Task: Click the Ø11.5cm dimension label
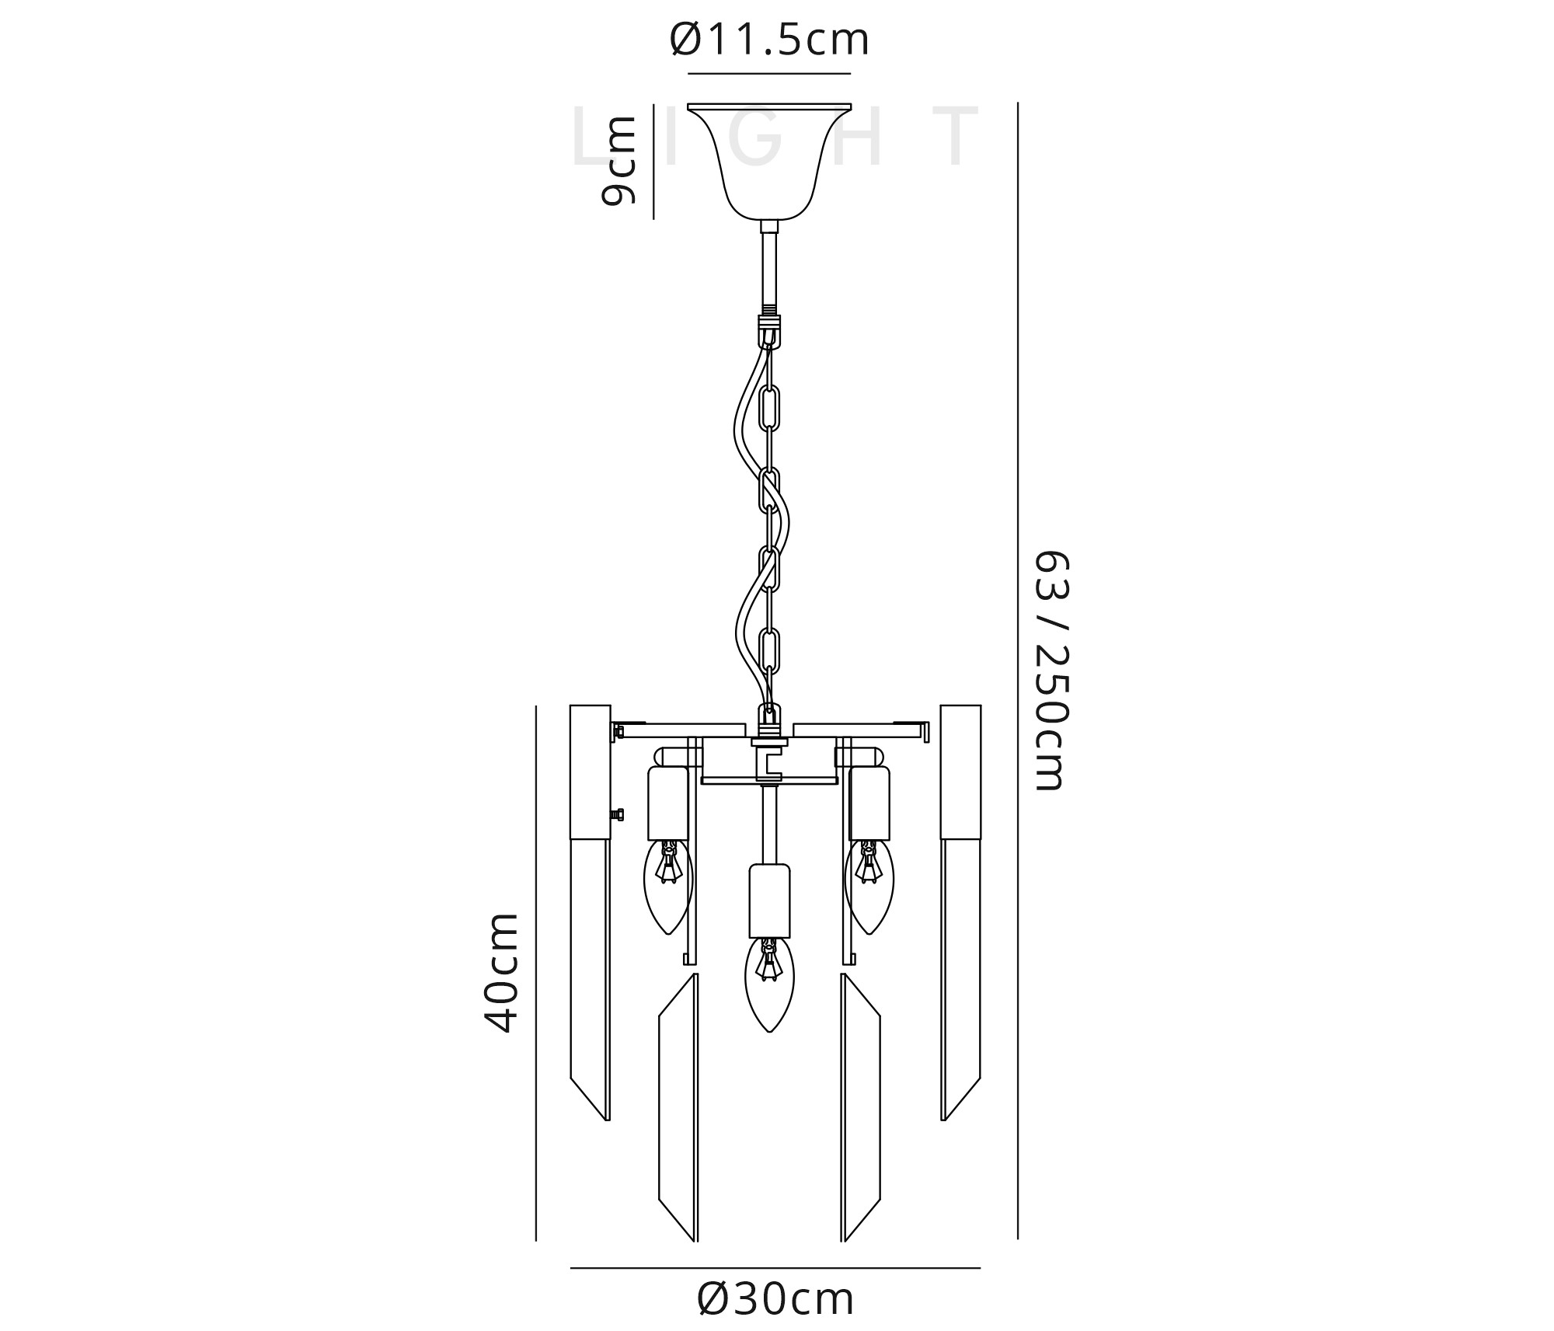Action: [x=769, y=40]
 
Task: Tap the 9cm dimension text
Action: [x=618, y=160]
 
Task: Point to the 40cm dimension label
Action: [x=501, y=973]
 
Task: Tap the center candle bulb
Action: [x=769, y=984]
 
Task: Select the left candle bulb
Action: [x=668, y=887]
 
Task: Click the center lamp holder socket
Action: [x=769, y=901]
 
